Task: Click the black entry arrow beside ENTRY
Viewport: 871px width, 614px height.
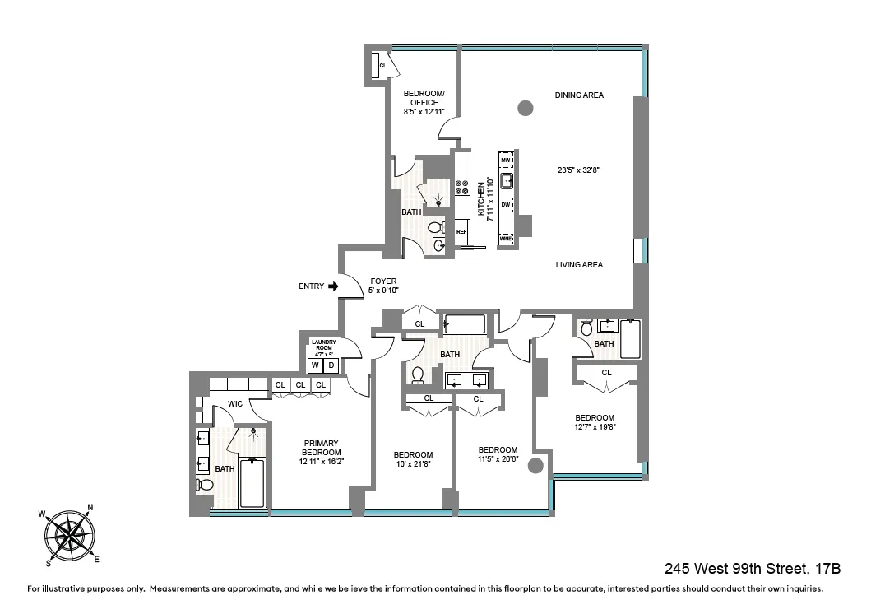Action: coord(333,286)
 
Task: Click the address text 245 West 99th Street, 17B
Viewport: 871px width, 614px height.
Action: coord(751,569)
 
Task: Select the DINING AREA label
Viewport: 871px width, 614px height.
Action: coord(579,95)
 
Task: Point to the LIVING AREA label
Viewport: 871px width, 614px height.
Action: coord(579,265)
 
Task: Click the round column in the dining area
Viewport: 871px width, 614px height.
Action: coord(525,107)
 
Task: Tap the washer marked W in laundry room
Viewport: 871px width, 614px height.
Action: coord(314,365)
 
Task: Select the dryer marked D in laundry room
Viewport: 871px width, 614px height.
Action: coord(331,365)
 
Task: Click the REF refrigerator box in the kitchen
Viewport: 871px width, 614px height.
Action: coord(461,232)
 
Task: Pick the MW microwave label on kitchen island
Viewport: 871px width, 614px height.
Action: coord(506,160)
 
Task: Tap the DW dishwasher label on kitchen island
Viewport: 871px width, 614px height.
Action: coord(506,204)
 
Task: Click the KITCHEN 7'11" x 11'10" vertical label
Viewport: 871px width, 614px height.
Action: coord(486,199)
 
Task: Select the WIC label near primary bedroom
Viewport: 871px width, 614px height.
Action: coord(234,404)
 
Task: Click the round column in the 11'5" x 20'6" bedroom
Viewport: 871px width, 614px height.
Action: coord(535,466)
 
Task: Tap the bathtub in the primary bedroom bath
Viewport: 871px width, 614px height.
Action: coord(252,482)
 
